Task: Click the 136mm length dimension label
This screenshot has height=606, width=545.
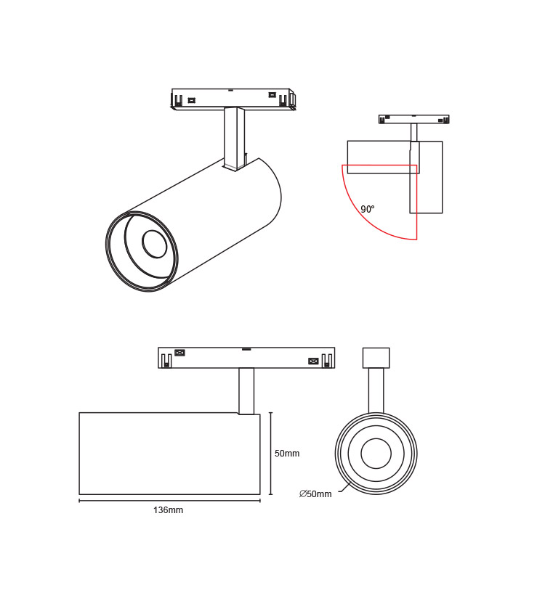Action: (x=168, y=510)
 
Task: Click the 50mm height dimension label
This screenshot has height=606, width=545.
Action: (x=287, y=454)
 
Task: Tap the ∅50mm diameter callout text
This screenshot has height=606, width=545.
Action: (x=315, y=494)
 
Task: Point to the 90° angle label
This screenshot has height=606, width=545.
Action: (x=368, y=210)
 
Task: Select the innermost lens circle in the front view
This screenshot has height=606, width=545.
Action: (x=376, y=454)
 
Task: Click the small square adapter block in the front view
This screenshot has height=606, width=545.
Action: (x=376, y=358)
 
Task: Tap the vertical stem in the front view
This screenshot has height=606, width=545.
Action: (x=376, y=390)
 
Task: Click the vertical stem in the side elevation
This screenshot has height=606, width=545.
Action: (x=246, y=390)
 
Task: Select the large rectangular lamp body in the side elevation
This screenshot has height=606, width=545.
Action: (x=169, y=454)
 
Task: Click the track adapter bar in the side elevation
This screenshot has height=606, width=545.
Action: (x=246, y=358)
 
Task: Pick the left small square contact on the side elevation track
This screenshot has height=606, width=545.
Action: (x=179, y=353)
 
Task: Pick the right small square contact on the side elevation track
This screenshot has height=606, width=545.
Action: (x=313, y=361)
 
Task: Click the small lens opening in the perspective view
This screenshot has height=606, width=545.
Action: (x=154, y=245)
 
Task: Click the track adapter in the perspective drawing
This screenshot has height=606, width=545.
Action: (x=231, y=98)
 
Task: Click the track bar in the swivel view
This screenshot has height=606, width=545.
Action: (x=413, y=119)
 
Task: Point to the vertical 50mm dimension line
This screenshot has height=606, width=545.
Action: (x=270, y=454)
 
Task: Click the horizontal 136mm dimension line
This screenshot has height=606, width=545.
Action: (x=169, y=500)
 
